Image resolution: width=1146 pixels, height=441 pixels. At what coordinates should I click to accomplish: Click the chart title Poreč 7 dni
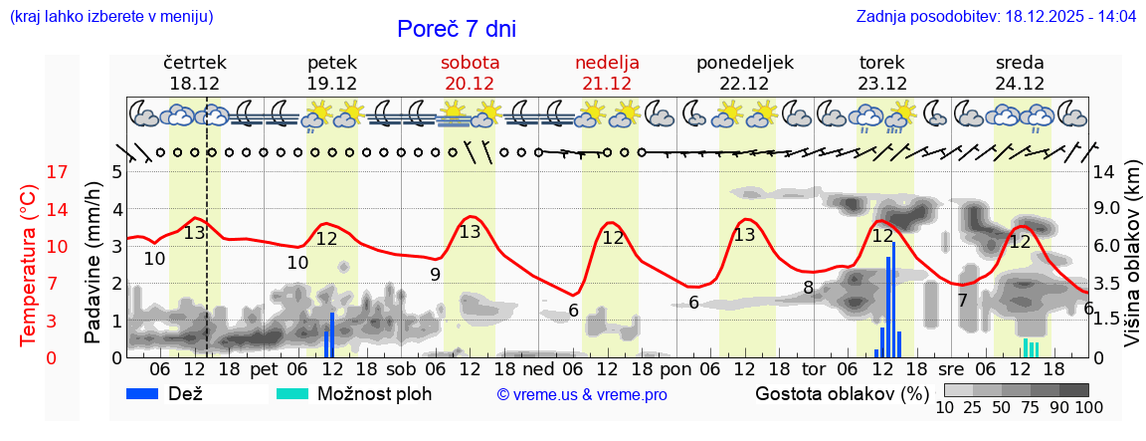point(457,29)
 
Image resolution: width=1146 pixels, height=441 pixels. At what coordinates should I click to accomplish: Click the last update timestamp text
point(996,17)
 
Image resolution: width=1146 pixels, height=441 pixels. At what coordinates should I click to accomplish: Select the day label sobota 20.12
point(470,73)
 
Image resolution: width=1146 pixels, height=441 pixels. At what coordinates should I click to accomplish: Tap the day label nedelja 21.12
point(607,73)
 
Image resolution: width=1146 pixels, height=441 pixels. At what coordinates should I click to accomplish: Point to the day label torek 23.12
point(882,73)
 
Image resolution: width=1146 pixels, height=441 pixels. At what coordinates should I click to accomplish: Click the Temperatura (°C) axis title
point(29,266)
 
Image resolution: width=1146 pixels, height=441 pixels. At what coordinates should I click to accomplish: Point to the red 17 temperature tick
point(58,172)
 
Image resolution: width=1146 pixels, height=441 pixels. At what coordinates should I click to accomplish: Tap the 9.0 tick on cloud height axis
point(1107,210)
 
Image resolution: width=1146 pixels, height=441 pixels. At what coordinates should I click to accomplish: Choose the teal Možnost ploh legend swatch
point(292,393)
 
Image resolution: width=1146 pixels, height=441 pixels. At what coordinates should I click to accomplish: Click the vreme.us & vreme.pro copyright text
point(582,395)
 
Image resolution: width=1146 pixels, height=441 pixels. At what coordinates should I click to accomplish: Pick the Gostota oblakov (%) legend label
point(842,393)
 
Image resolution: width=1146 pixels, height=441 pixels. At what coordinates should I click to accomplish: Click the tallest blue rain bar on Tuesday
point(893,299)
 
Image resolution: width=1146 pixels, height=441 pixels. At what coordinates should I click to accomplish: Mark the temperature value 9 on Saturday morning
point(435,275)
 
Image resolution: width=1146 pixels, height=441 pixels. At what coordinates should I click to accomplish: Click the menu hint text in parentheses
point(110,17)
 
